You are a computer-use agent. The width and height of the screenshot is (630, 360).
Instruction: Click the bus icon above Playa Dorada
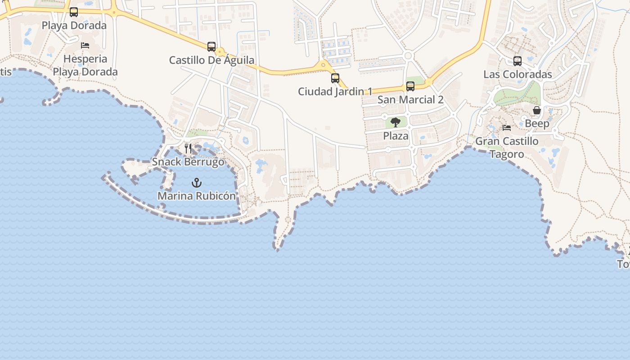[74, 12]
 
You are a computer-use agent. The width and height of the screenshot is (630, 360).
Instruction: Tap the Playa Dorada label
[74, 25]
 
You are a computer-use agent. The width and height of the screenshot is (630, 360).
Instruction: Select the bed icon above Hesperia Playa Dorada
[85, 45]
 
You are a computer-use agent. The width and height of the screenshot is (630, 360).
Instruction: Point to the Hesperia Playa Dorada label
[85, 65]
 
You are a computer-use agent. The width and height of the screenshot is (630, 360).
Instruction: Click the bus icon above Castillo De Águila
[211, 47]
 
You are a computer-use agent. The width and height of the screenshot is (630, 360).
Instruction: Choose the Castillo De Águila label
[211, 60]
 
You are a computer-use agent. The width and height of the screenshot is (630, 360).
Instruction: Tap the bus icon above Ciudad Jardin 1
[335, 78]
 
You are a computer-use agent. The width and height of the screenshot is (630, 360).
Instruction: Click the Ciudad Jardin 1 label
[335, 91]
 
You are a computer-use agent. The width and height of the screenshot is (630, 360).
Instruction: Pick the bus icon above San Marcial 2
[410, 86]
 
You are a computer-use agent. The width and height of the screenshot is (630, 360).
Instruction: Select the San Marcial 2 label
[410, 99]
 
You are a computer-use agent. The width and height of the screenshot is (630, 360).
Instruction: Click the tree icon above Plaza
[396, 122]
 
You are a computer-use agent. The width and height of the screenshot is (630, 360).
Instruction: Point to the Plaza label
[396, 135]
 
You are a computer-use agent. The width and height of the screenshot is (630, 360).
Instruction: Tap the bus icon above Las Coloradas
[517, 61]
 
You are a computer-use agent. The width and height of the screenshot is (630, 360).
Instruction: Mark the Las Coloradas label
[517, 74]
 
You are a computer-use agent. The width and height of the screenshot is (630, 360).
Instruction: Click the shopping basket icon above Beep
[537, 110]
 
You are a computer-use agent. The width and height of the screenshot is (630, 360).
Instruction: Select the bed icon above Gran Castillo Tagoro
[507, 128]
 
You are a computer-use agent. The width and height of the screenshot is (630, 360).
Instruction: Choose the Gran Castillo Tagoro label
[507, 148]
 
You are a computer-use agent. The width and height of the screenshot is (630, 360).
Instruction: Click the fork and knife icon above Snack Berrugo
[188, 148]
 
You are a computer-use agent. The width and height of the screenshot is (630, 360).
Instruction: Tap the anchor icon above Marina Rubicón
[197, 183]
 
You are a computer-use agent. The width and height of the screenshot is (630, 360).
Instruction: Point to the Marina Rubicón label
[197, 196]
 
